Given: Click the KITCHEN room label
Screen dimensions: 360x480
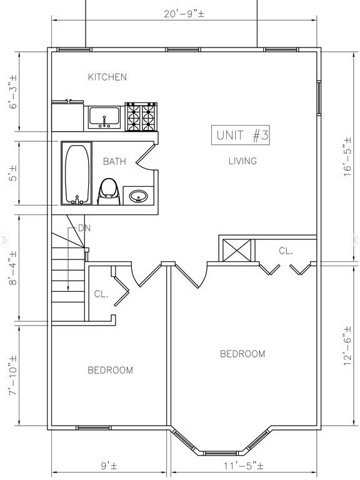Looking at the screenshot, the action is coord(107,77).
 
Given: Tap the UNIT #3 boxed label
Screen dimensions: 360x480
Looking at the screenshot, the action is coord(241,135).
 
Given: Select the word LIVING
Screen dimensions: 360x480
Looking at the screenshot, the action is coord(242,161).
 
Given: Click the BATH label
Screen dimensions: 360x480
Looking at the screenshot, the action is coord(114,161).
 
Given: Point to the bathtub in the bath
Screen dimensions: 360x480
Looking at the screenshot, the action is coord(76,173).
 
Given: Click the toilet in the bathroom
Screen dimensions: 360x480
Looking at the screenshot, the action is coord(108,192).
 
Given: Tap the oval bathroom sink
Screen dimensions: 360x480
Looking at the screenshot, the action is coord(138,196).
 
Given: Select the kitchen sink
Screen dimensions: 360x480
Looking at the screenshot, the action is coord(104,117).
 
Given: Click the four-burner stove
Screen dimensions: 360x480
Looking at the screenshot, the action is coord(141,117).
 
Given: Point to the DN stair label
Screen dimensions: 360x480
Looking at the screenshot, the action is coord(84,228).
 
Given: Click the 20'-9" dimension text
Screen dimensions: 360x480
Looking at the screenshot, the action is coord(184,14).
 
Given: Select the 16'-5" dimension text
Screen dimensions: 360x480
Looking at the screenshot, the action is coord(347,157).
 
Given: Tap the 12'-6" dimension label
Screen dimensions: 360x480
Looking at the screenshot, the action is coord(347,346).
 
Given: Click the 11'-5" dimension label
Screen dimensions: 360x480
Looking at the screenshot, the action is coord(243,466).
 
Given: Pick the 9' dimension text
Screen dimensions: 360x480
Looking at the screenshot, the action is coord(109,466).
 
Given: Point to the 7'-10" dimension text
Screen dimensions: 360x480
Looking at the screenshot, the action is coord(13,376).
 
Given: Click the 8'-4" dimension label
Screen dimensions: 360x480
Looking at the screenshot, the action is coord(13,268).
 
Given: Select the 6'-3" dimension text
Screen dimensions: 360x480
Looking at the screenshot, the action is coord(13,91).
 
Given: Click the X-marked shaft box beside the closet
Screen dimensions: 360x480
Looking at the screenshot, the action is coord(237,251).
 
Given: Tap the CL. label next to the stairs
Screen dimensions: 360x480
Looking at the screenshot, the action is coord(101,294).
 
